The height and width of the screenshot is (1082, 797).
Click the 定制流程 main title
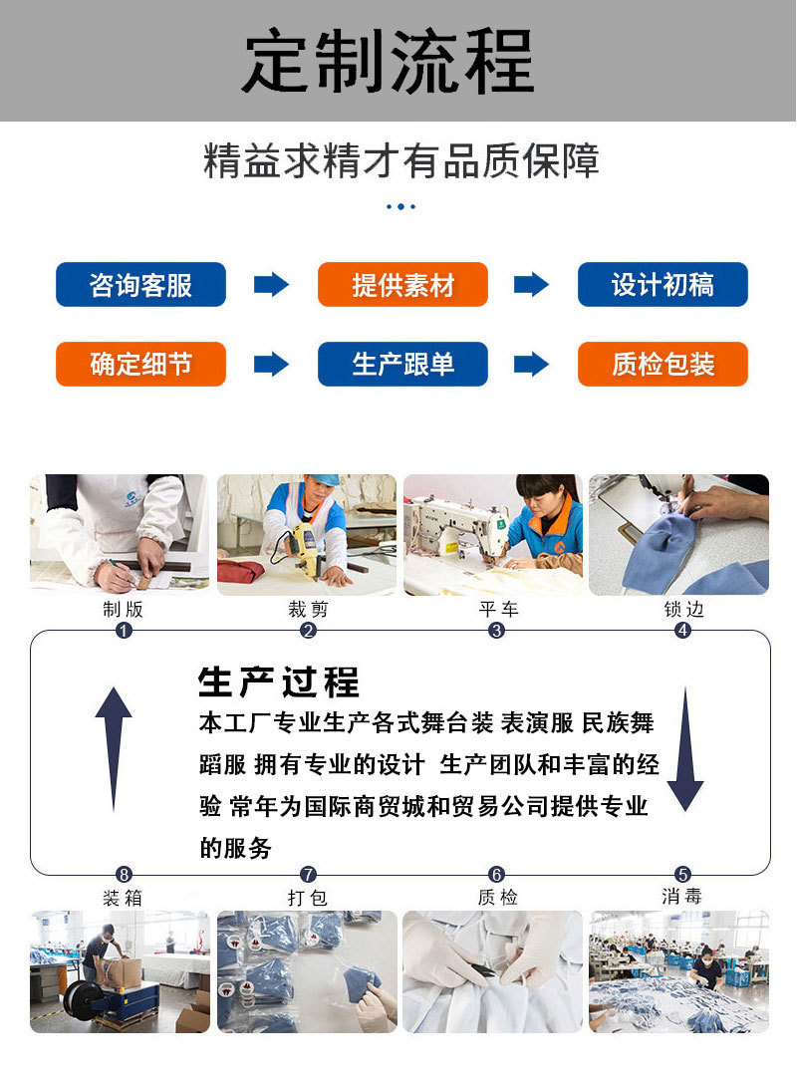pos(389,62)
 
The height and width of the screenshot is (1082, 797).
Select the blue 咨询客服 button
pos(140,285)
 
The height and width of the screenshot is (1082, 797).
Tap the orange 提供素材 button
pos(402,285)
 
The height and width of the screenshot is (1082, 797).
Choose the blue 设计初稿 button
pos(663,285)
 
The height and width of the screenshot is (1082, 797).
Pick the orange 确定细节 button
pos(140,365)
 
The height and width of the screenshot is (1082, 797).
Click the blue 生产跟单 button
pos(402,365)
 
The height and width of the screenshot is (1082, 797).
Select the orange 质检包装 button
pos(663,365)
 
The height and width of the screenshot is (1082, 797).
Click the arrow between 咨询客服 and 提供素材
pos(271,285)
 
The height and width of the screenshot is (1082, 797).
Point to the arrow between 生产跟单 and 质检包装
pos(531,365)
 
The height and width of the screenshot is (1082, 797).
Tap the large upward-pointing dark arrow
pos(114,747)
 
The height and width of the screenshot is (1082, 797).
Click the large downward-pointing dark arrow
pos(684,747)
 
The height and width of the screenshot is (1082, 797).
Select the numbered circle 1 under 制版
pos(124,631)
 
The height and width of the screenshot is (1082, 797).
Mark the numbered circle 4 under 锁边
pos(682,631)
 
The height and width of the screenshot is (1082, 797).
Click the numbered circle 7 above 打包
pos(308,875)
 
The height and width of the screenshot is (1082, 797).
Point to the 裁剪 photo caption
pos(308,609)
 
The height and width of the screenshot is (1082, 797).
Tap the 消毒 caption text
pos(682,897)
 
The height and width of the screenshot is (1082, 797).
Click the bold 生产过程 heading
pos(279,683)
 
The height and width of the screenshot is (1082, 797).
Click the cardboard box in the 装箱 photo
pos(126,972)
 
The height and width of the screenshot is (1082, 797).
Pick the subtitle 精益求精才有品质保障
pos(400,162)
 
